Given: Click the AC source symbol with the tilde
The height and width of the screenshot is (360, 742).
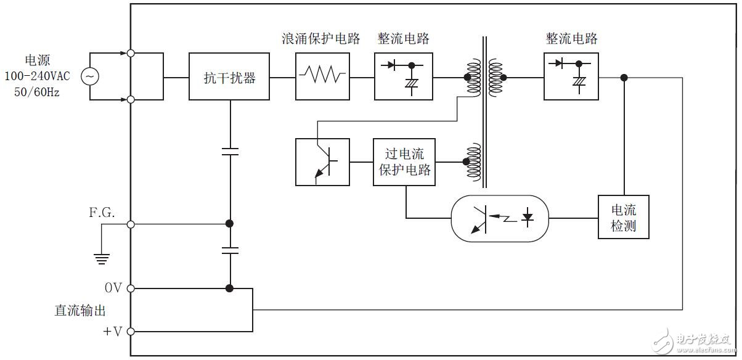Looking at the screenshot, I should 90,76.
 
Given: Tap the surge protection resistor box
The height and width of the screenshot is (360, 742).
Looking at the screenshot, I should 323,76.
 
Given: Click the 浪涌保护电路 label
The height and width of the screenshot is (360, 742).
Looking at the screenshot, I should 320,38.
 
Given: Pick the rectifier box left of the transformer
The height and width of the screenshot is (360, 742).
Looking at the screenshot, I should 404,76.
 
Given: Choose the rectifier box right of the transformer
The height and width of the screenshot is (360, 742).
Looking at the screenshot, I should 571,76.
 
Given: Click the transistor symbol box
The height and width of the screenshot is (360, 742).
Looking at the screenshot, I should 323,162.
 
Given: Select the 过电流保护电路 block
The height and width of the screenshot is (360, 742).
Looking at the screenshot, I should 405,162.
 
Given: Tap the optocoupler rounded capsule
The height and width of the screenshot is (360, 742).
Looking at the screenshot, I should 500,218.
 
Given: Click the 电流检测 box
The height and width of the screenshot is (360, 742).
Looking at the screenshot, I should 624,218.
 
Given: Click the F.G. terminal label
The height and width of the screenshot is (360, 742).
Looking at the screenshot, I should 102,212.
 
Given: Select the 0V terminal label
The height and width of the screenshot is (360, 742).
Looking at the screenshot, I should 113,288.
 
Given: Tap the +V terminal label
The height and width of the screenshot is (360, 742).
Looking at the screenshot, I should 112,332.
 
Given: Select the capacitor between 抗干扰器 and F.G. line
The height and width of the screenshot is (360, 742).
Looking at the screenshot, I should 230,151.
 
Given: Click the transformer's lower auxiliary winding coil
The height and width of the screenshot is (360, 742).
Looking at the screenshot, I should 473,162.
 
